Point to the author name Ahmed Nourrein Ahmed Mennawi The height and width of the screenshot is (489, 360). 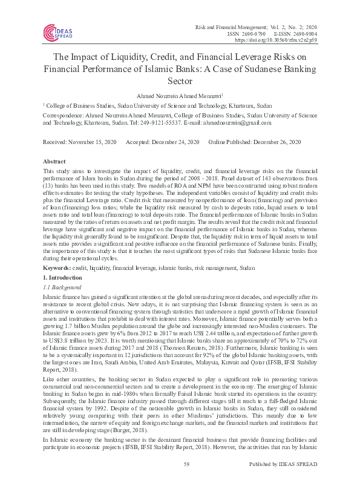tap(179, 95)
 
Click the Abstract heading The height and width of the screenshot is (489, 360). tap(53, 162)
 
